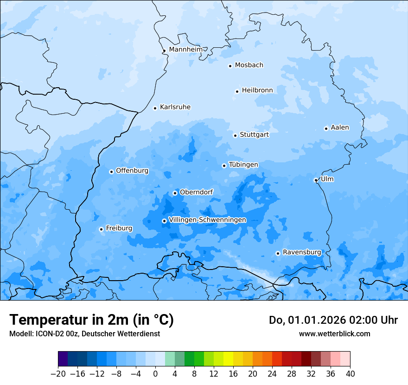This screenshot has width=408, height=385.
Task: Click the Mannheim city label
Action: (185, 50)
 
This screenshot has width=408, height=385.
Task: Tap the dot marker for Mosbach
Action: (230, 66)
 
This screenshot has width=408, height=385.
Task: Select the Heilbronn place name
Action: (257, 90)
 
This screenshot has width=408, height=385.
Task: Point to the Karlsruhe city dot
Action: (155, 108)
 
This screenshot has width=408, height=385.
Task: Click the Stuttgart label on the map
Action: (254, 135)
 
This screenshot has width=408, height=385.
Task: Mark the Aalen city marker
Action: (326, 128)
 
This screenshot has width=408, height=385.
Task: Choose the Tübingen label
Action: (243, 165)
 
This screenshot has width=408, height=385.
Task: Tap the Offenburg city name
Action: (132, 171)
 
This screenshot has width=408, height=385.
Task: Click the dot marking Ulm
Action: (316, 180)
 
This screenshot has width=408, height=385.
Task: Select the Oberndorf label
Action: (196, 192)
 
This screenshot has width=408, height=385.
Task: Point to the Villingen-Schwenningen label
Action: (207, 220)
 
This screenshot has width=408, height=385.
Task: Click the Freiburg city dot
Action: (101, 229)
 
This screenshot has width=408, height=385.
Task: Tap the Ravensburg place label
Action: (301, 252)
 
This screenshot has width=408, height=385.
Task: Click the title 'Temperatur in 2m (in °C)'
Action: (91, 320)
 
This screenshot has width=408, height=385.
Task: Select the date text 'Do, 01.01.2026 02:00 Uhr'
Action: (333, 320)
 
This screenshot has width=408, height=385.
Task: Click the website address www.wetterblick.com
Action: (334, 334)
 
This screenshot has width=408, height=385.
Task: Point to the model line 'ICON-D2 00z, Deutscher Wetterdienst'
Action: (84, 334)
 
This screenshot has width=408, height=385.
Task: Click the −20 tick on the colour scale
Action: (58, 374)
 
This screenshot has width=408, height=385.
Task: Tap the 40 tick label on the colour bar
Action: (350, 374)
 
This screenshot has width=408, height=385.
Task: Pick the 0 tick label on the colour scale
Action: (155, 374)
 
